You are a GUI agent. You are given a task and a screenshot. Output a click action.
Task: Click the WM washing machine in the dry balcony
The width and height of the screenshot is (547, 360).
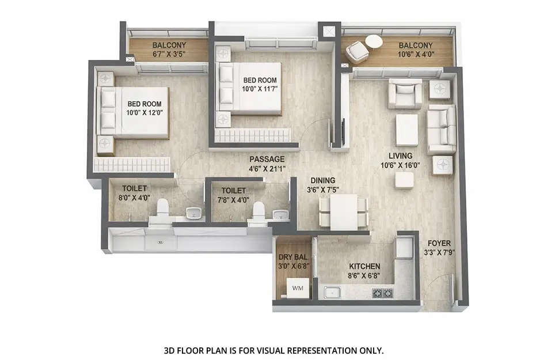pos(297,287)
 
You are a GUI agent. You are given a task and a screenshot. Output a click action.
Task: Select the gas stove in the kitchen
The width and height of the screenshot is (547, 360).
pos(382,293)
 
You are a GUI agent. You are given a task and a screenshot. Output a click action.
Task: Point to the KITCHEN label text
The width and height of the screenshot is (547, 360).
pos(364,266)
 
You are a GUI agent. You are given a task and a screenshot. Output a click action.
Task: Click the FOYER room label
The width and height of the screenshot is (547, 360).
pos(439,243)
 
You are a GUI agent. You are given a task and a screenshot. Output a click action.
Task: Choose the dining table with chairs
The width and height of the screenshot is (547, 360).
pos(344,211)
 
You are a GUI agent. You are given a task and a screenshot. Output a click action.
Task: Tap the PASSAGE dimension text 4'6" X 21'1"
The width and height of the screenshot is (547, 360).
pos(267,169)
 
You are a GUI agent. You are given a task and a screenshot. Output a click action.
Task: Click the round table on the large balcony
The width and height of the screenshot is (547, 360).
pos(374,41)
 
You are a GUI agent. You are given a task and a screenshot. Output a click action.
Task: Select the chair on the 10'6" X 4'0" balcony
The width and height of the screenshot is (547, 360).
pos(357,52)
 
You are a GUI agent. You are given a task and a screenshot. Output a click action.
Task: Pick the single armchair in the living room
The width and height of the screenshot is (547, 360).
pos(405,94)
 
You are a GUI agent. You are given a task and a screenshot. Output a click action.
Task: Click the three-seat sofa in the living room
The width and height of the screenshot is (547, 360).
pos(441,128)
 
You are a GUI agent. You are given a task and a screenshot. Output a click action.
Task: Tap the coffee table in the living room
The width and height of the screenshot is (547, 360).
pos(407,130)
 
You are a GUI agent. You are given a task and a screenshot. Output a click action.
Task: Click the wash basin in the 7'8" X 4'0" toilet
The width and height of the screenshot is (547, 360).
pos(280,215)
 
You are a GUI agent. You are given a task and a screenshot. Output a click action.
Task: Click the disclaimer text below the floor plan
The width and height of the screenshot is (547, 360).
pos(273,350)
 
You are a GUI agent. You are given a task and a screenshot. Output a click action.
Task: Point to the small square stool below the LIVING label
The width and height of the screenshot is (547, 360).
pos(404,180)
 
